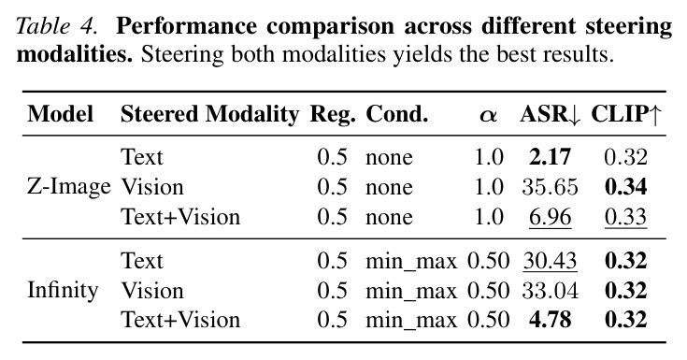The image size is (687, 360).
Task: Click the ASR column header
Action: (x=551, y=114)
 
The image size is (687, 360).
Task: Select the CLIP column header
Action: (x=625, y=114)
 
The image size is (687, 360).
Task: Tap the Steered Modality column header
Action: (x=209, y=114)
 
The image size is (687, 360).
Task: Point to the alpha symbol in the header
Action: (x=488, y=116)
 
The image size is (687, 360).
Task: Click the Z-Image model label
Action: (x=69, y=187)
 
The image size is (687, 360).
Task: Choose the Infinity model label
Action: (x=63, y=291)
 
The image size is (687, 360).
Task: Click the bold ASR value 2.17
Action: (x=550, y=157)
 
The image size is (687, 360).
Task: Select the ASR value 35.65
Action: (x=550, y=187)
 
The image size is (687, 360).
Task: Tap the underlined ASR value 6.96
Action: (x=550, y=217)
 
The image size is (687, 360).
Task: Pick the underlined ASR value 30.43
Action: (x=550, y=261)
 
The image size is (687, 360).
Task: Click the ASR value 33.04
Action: (x=550, y=291)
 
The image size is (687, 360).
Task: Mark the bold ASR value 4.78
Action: (x=550, y=320)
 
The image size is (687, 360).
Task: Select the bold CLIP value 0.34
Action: (x=625, y=187)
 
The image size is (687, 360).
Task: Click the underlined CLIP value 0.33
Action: (x=625, y=217)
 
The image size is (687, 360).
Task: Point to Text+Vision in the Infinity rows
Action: (x=180, y=320)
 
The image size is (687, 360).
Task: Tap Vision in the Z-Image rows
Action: (x=152, y=187)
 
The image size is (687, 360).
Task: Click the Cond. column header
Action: (x=397, y=114)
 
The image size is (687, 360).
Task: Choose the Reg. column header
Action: (x=333, y=115)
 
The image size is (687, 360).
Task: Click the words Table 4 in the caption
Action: (x=56, y=26)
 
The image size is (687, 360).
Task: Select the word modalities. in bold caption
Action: (x=75, y=54)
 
